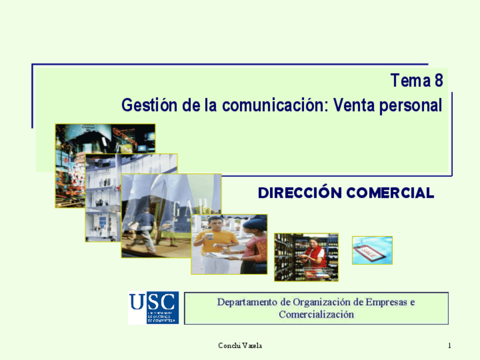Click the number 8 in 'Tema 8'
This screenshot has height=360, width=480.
[438, 82]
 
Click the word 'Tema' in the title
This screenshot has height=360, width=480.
[410, 82]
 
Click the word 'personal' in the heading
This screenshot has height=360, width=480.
[411, 106]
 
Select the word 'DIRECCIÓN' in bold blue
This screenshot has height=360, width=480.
[300, 193]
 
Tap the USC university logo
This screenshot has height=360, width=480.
[153, 307]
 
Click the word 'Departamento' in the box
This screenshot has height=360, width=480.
[248, 302]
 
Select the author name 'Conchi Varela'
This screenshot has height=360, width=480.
[240, 346]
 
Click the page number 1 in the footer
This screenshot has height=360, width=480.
[449, 346]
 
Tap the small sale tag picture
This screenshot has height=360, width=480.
[372, 250]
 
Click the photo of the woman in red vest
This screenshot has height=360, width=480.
[306, 257]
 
